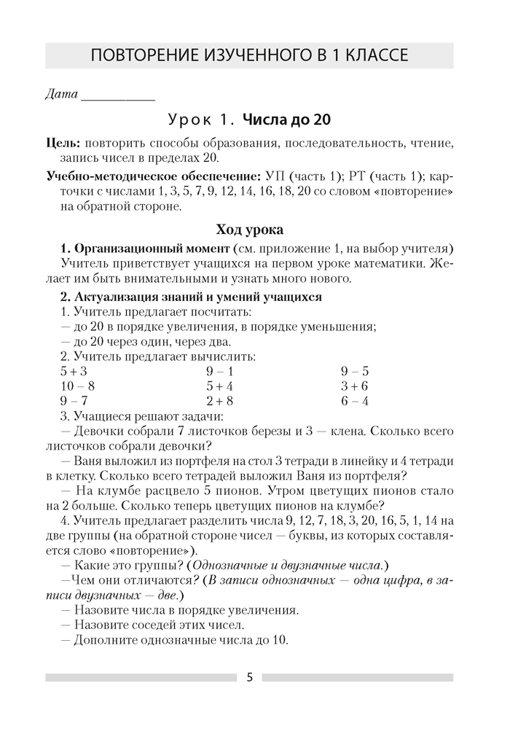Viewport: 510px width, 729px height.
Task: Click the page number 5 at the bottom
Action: coord(250,677)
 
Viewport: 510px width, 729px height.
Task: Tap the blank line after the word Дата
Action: coord(118,94)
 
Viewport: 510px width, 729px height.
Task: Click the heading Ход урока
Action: coord(249,230)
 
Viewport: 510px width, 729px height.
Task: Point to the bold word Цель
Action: coord(62,144)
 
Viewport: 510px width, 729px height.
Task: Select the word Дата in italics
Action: coord(61,94)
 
